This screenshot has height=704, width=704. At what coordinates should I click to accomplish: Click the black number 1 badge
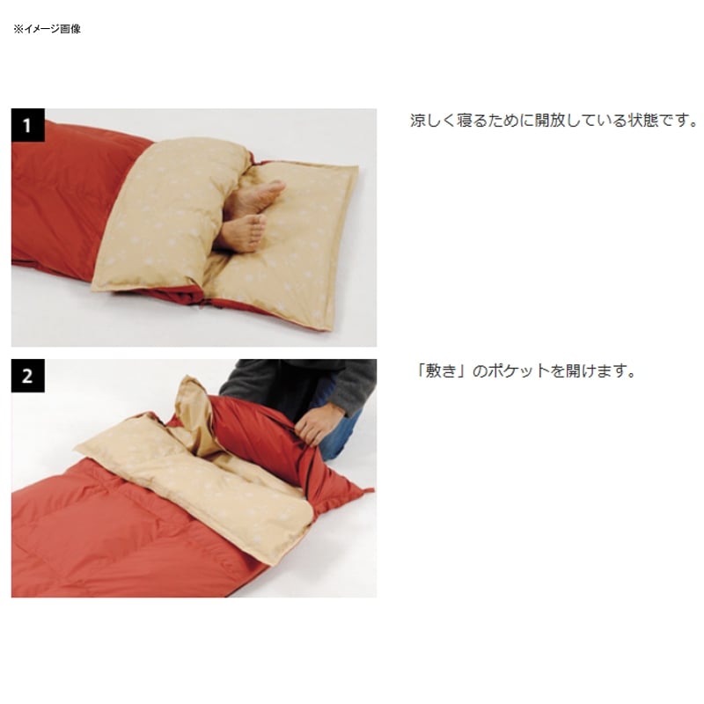pos(28,125)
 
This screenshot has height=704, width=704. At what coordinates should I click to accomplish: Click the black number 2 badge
pos(28,376)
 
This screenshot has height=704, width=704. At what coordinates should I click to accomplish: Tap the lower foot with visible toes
pos(240,232)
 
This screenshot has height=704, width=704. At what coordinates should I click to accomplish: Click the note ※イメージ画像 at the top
pos(48,29)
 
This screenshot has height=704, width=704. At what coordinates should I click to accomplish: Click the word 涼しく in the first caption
pos(432,121)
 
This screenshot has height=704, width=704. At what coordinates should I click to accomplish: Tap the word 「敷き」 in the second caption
pos(442,370)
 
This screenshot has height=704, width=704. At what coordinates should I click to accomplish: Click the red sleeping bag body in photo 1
pos(62,193)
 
